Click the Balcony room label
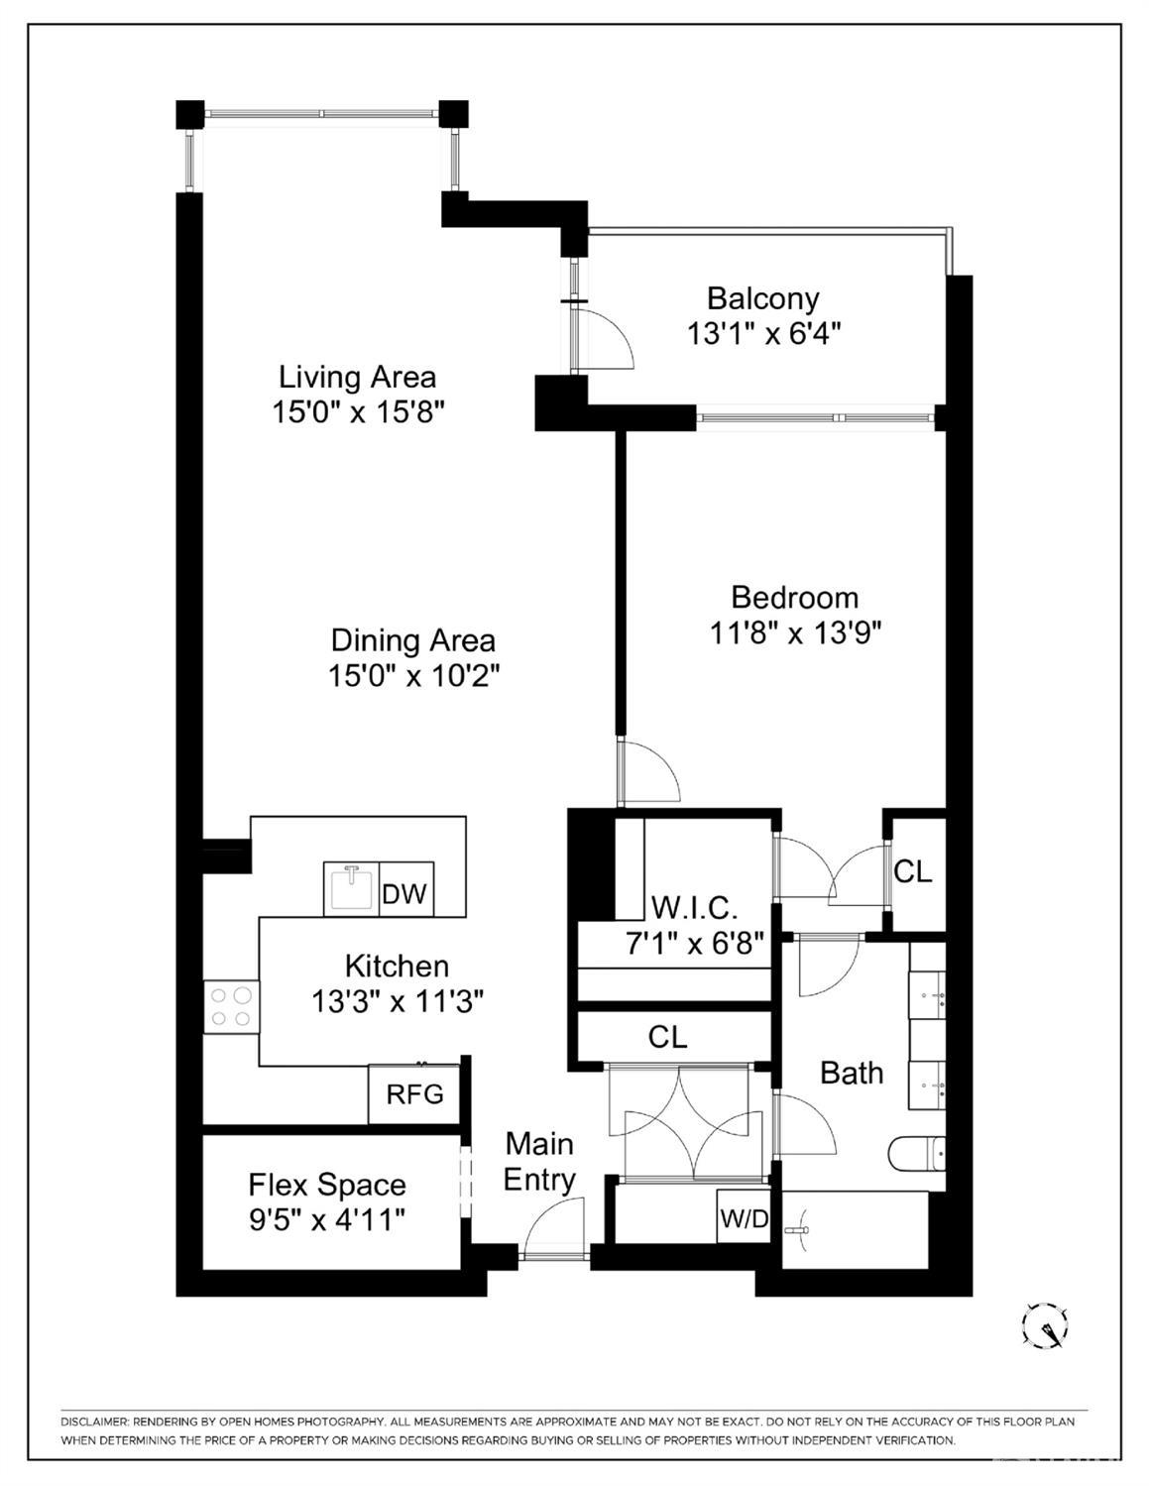762,298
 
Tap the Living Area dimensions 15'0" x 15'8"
358,412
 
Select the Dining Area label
413,640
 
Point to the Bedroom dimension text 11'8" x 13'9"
795,633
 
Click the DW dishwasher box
405,889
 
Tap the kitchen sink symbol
351,889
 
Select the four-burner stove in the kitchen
231,1007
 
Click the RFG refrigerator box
413,1094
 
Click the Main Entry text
539,1162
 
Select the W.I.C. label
694,909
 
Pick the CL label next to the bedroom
913,871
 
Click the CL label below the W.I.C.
667,1037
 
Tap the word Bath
852,1073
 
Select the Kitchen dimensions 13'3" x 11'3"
398,1002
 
